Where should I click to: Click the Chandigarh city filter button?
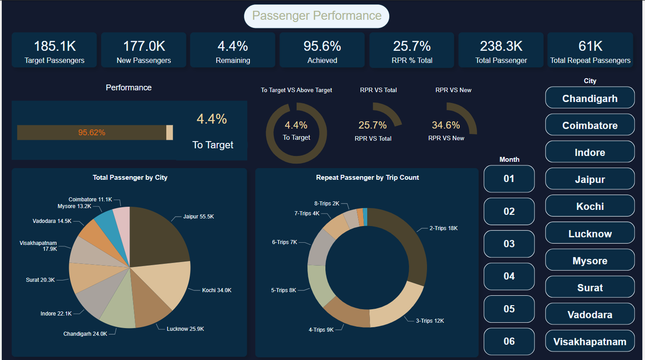pos(590,98)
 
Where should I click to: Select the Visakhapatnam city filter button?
pos(590,342)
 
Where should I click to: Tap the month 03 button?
pos(509,244)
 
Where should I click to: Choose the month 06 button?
pos(509,341)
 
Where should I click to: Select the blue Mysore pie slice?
pos(105,219)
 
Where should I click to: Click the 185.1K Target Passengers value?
pos(54,46)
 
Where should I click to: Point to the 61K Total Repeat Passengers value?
pos(590,46)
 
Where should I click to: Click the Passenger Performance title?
pos(316,16)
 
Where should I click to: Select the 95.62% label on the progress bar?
pos(92,133)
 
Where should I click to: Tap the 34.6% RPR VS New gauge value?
pos(446,125)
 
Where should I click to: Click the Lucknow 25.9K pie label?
pos(185,329)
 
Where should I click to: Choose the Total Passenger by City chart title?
pos(130,178)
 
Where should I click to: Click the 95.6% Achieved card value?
pos(322,46)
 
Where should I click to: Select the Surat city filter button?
pos(590,288)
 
